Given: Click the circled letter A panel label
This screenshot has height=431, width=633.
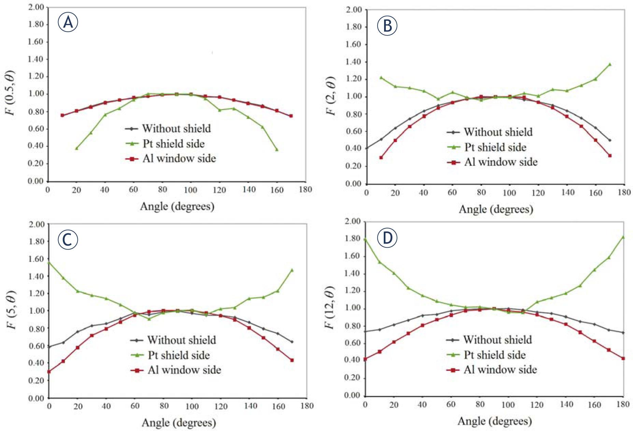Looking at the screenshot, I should (x=68, y=23).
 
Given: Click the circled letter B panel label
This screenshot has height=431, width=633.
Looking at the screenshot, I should (x=387, y=26).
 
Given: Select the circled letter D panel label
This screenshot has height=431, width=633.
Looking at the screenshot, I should (x=387, y=238).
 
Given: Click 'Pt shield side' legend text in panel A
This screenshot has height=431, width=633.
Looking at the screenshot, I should (x=173, y=144).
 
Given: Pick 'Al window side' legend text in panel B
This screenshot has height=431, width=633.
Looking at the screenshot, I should (x=501, y=162).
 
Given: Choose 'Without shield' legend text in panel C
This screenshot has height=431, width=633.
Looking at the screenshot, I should (x=181, y=340).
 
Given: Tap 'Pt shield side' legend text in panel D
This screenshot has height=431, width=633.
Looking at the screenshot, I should (x=494, y=355).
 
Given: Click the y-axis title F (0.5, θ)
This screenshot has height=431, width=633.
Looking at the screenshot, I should (x=11, y=93).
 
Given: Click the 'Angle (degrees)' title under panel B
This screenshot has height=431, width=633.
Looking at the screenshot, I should (x=496, y=209).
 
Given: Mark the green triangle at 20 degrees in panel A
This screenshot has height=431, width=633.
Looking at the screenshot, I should (x=76, y=148).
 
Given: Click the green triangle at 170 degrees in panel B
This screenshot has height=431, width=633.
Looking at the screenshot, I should (x=610, y=64).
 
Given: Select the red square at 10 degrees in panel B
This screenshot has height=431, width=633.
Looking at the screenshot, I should (x=381, y=158).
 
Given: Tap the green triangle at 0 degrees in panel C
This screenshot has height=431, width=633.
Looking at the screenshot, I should (x=49, y=262).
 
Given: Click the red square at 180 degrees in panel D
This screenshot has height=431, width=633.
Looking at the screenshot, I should (x=623, y=358).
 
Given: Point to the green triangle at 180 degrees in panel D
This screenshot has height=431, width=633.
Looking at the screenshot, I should (x=623, y=237).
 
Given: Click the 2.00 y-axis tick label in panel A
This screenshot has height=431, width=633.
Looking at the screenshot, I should (x=36, y=7).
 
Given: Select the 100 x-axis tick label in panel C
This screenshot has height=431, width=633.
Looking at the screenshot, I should (x=192, y=406).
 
